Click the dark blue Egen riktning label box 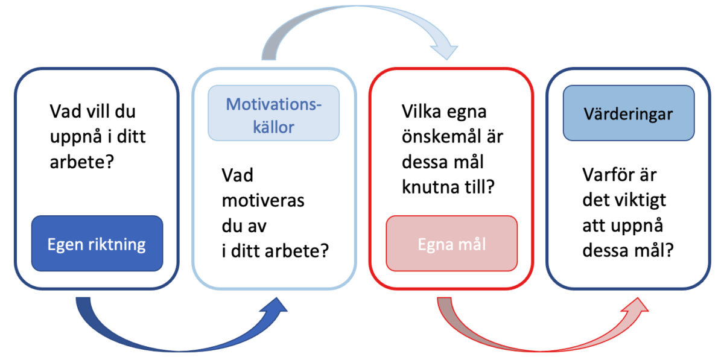point(97,244)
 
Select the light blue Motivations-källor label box point(274,113)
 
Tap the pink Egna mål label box point(451,244)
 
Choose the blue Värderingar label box point(629,113)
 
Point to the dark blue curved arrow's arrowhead point(275,306)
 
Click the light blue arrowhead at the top point(445,52)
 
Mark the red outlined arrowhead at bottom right point(635,306)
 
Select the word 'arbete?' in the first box point(82,162)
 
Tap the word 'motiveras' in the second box point(263,201)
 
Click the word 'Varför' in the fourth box point(605,175)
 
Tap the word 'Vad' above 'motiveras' point(238,175)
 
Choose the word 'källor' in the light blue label point(273,127)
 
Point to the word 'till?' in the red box point(481,187)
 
